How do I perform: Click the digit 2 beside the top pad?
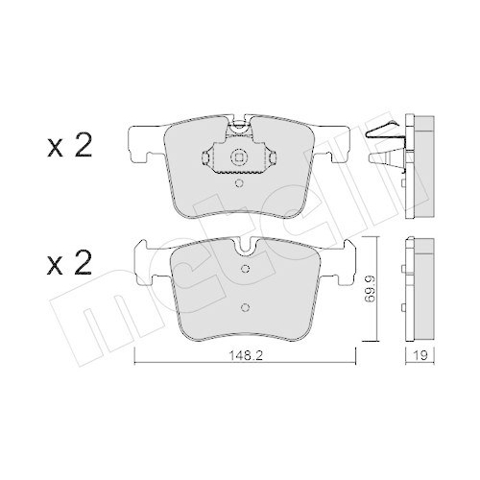coord(84,147)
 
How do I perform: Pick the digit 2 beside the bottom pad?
coord(84,263)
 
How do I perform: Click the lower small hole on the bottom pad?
coord(245,308)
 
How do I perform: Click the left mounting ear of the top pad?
coord(141,143)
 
